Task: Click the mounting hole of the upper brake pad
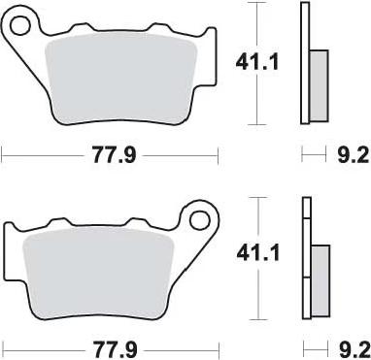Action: coord(19,25)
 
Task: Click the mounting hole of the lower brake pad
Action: coord(199,221)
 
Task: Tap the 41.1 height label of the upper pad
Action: coord(256,62)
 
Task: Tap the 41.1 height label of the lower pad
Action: coord(258,253)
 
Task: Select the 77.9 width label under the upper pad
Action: coord(114,155)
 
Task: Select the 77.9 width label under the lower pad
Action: coord(116,349)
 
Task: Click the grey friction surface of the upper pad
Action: coord(121,78)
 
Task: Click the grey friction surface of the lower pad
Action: coord(98,274)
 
